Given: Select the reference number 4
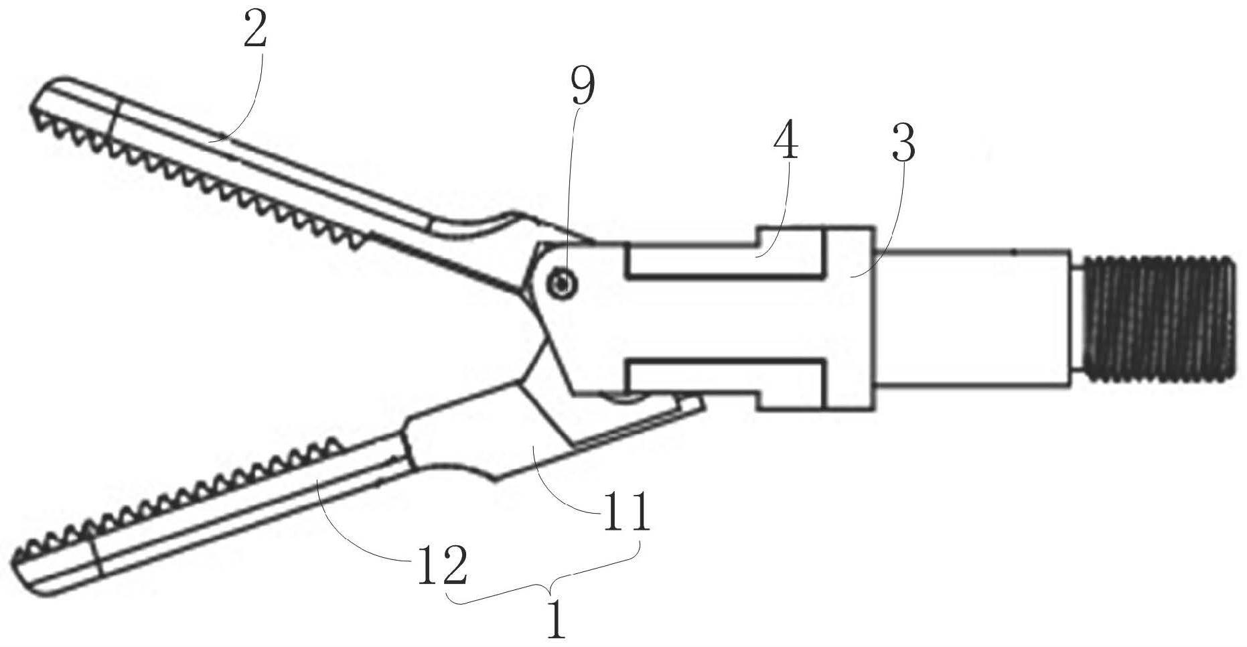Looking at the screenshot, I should coord(786,143).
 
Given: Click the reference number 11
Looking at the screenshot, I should coord(626,513).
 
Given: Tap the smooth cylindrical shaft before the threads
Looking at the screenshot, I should coord(971,319).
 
